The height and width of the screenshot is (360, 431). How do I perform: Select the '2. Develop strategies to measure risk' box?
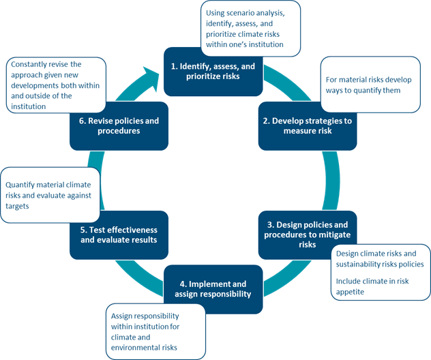(307, 125)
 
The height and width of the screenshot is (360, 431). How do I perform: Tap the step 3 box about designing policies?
(307, 235)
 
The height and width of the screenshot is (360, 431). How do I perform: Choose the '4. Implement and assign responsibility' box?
(212, 288)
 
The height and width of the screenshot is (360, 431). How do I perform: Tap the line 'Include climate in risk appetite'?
(369, 286)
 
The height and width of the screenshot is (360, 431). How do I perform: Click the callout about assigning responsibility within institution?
(155, 331)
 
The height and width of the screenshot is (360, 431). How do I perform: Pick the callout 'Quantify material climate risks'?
(50, 195)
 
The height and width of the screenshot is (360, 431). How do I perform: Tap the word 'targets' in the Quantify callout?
(18, 206)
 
